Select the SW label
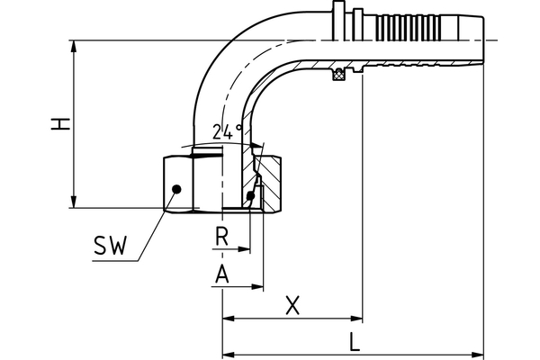click(x=110, y=246)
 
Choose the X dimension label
click(x=292, y=305)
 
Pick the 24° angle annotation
click(x=229, y=132)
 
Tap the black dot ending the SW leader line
click(x=177, y=188)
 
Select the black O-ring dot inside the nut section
click(x=249, y=195)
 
